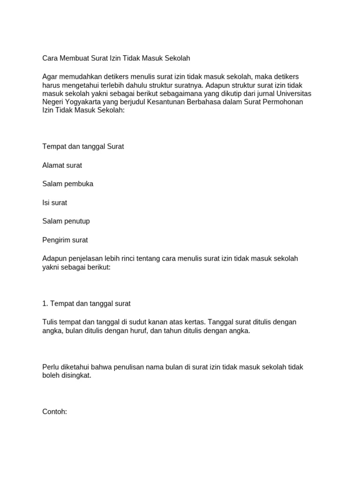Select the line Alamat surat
coord(62,165)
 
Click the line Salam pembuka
coord(67,184)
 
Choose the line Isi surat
coord(55,202)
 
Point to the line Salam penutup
coord(66,221)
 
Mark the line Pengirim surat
coord(65,240)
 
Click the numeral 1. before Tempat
coord(45,303)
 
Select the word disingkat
coord(76,375)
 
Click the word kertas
coord(192,322)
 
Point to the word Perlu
coord(50,367)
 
